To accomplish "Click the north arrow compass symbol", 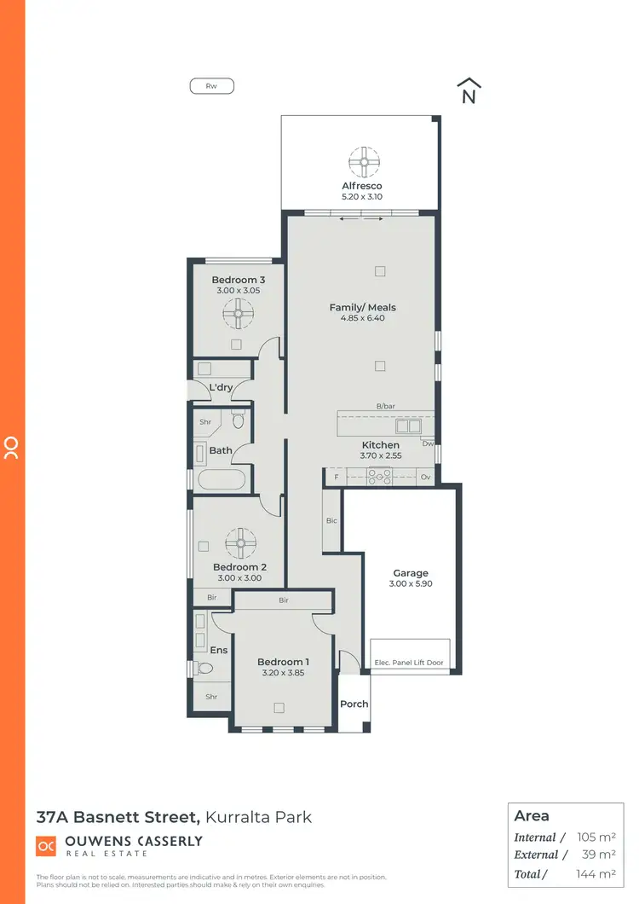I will (x=468, y=91).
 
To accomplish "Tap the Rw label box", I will (x=211, y=85).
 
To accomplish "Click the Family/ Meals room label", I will (x=362, y=307).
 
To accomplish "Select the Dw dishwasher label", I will (x=427, y=443).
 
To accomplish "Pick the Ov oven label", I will (x=425, y=478).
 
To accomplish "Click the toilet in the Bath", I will (x=239, y=420).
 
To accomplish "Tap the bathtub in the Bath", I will (x=221, y=479).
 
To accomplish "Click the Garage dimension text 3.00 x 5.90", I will (x=411, y=584).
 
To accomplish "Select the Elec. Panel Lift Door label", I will (x=409, y=663).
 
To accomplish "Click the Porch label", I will (x=354, y=704).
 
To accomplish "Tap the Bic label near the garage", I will (x=331, y=520).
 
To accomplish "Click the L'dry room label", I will (x=221, y=388).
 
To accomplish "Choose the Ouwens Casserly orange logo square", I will (x=46, y=845).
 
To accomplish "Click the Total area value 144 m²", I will (x=597, y=873).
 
